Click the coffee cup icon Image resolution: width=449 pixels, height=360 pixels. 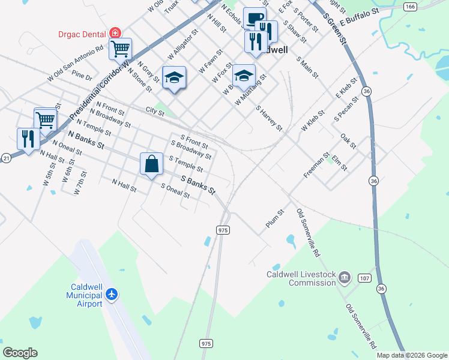click(x=253, y=18)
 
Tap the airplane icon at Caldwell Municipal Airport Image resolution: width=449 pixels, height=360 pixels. click(x=111, y=295)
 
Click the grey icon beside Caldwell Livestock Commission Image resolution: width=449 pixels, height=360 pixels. click(x=345, y=277)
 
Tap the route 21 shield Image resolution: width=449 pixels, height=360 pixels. click(x=6, y=158)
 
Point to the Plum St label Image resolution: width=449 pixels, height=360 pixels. click(x=274, y=219)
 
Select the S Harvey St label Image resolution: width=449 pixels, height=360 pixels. click(x=269, y=118)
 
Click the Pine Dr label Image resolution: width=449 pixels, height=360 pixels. click(x=82, y=76)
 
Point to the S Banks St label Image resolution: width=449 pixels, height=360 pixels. click(x=198, y=185)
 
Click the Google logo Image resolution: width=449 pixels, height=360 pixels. click(x=20, y=353)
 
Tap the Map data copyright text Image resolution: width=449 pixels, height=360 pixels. click(x=412, y=355)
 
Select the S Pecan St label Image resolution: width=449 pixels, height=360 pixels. click(x=346, y=107)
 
